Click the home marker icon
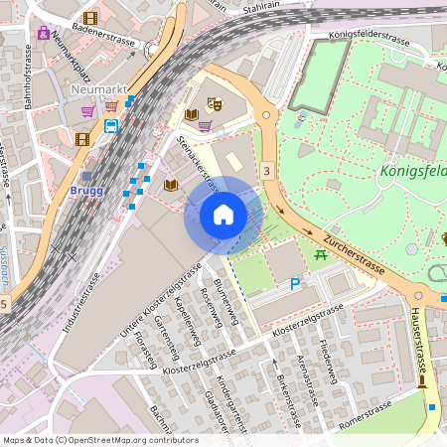[223, 215]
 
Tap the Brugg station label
[86, 190]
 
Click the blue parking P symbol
[294, 284]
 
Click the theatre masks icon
[214, 103]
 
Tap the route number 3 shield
[266, 172]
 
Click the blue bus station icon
[110, 125]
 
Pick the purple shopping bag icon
[43, 33]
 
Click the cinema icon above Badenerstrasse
[90, 18]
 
